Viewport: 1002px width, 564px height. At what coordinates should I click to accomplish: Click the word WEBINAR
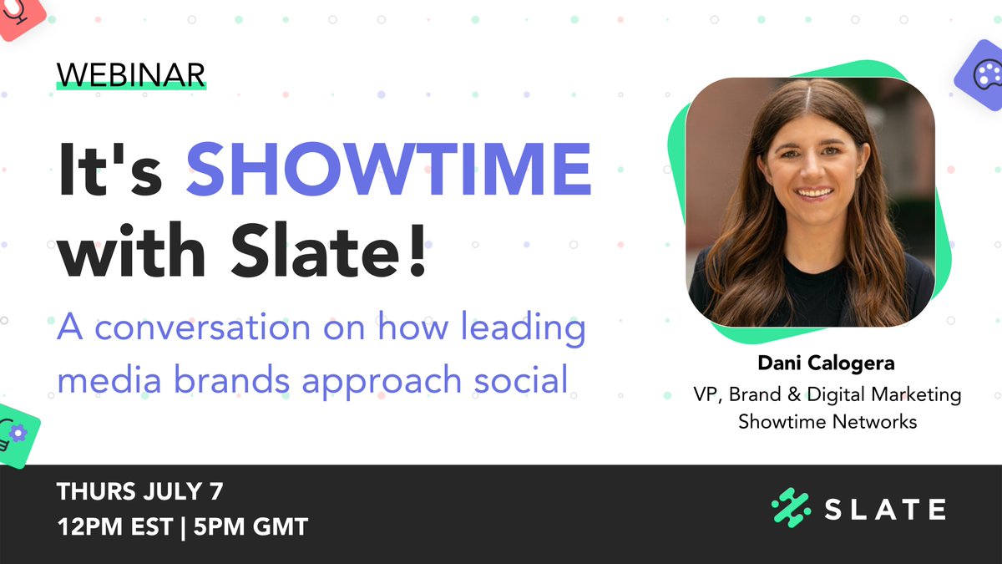point(131,74)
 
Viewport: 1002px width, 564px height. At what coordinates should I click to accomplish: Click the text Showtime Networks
point(827,421)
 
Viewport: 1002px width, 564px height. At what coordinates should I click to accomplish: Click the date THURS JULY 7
point(140,492)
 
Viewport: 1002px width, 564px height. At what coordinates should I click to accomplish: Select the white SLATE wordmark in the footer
point(885,510)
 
